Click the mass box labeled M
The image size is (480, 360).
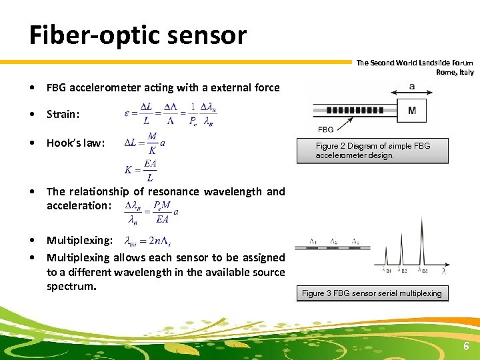coord(412,111)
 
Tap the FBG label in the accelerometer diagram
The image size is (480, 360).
coord(326,129)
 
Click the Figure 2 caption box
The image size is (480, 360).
coord(373,151)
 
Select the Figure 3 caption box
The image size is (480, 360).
coord(372,293)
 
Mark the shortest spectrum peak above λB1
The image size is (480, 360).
coord(386,257)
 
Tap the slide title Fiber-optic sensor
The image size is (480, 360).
coord(137,35)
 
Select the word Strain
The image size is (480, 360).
coord(63,115)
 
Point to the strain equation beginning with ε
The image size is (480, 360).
coord(171,115)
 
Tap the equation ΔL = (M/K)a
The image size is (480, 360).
coord(145,142)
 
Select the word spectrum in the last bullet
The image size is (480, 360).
coord(71,287)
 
